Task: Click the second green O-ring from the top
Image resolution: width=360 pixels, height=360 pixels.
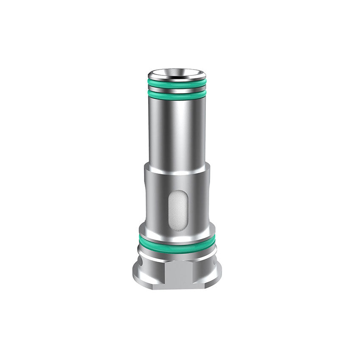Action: point(177,94)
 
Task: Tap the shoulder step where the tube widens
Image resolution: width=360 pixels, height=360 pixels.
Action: point(177,165)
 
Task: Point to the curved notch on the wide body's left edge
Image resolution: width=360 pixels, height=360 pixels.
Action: point(145,191)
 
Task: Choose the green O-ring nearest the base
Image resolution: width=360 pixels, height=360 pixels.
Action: point(177,245)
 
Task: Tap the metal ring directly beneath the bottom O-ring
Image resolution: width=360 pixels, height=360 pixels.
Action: point(177,255)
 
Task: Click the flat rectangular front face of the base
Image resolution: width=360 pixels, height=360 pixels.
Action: point(177,273)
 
